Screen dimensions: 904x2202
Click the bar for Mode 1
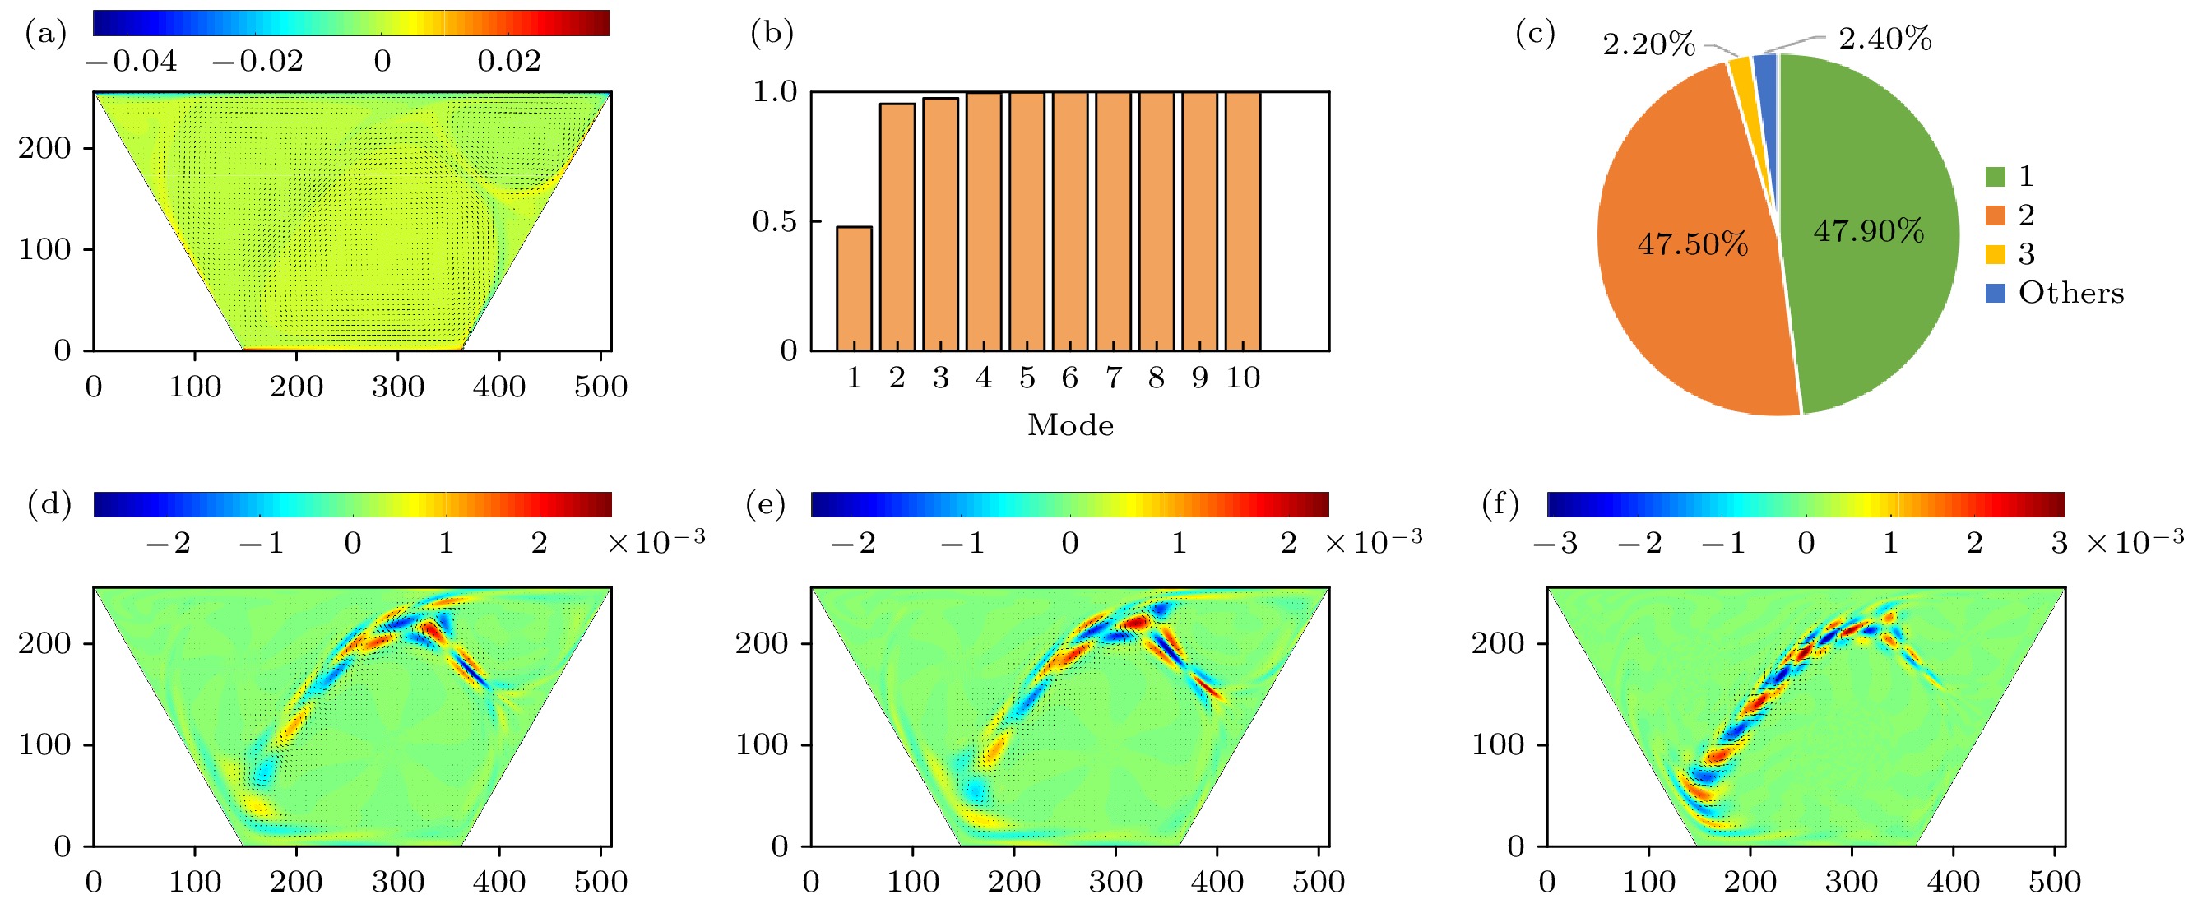pyautogui.click(x=854, y=289)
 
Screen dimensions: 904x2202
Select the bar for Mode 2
pyautogui.click(x=897, y=226)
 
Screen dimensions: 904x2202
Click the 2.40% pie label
pyautogui.click(x=1884, y=39)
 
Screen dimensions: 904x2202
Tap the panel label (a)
pyautogui.click(x=45, y=35)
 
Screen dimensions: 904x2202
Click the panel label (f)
pyautogui.click(x=1500, y=505)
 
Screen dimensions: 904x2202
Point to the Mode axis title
pyautogui.click(x=1070, y=424)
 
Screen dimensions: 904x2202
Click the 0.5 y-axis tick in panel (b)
pyautogui.click(x=773, y=221)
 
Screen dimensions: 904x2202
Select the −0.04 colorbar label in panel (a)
pyautogui.click(x=132, y=62)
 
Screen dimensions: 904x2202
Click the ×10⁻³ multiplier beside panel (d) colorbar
pyautogui.click(x=656, y=541)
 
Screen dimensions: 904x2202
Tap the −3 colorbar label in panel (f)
pyautogui.click(x=1555, y=543)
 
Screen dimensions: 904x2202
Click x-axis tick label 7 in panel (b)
pyautogui.click(x=1113, y=378)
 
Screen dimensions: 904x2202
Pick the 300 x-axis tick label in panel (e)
pyautogui.click(x=1115, y=881)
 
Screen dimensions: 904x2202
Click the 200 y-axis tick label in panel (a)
pyautogui.click(x=44, y=149)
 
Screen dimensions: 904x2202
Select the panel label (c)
pyautogui.click(x=1534, y=35)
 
